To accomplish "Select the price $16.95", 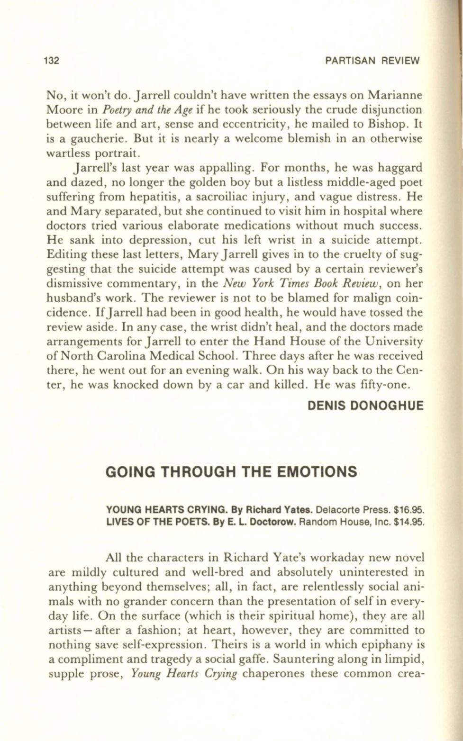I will pos(408,511).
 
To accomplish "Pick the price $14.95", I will pos(408,523).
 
